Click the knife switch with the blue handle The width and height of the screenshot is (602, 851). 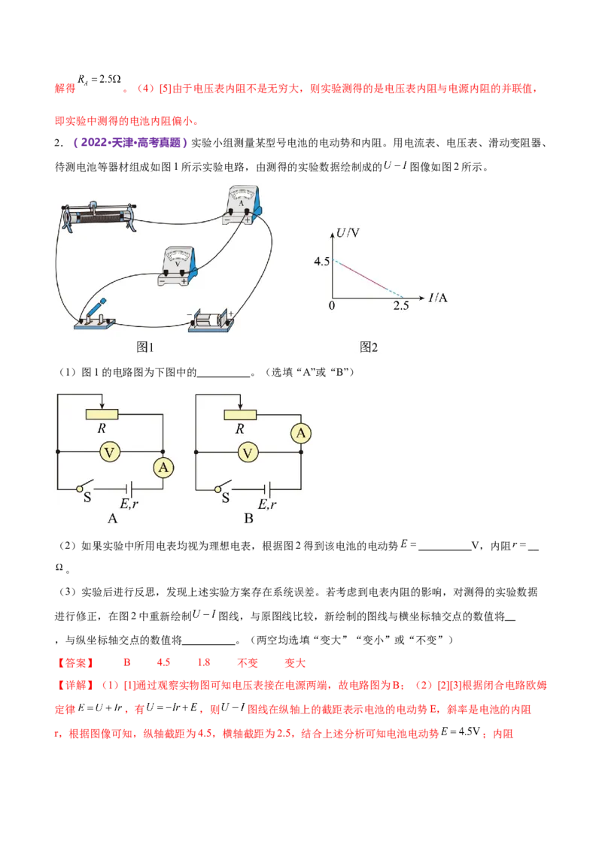point(96,316)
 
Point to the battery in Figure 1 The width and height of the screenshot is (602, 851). point(212,319)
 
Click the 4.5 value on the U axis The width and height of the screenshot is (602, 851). point(321,262)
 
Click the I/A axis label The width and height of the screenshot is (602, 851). point(438,298)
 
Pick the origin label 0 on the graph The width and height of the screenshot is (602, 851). point(331,305)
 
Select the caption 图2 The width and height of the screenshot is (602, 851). point(369,347)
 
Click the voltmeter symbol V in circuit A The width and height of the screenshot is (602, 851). point(110,452)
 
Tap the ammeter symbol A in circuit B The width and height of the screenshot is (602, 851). point(301,433)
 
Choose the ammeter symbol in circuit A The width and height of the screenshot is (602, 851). point(163,468)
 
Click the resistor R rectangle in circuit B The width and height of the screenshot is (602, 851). point(241,414)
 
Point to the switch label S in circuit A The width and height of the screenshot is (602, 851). point(87,498)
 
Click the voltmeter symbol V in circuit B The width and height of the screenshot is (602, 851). point(248,452)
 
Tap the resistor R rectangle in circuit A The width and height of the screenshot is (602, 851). point(104,414)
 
